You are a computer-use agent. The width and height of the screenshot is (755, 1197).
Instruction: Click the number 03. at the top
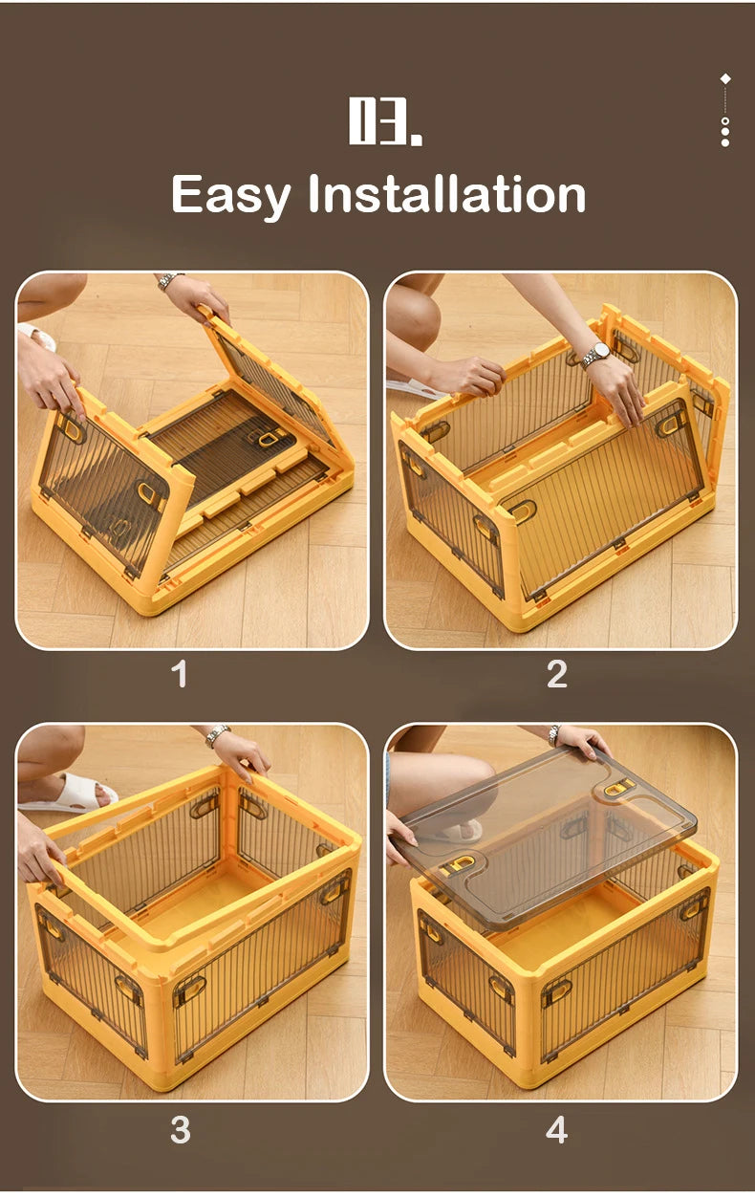[384, 121]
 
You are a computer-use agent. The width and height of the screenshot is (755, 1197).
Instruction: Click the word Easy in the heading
[229, 194]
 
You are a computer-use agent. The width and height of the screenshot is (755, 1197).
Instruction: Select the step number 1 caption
[179, 674]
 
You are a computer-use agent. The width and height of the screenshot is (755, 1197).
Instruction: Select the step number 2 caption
[556, 674]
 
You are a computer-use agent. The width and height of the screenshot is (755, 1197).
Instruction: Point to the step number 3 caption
[180, 1129]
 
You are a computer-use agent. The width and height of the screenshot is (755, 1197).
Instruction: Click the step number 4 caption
[556, 1129]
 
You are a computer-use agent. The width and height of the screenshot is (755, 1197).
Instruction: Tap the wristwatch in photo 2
[596, 354]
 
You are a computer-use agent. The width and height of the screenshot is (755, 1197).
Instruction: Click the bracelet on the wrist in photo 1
[170, 280]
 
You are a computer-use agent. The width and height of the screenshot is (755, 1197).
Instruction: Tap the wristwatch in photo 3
[218, 734]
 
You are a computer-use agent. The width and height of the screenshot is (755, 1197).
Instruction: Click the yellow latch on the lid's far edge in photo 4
[619, 787]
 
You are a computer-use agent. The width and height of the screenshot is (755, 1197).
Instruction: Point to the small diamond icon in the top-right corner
[725, 78]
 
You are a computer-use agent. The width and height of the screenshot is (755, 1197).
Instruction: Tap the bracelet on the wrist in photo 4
[554, 733]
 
